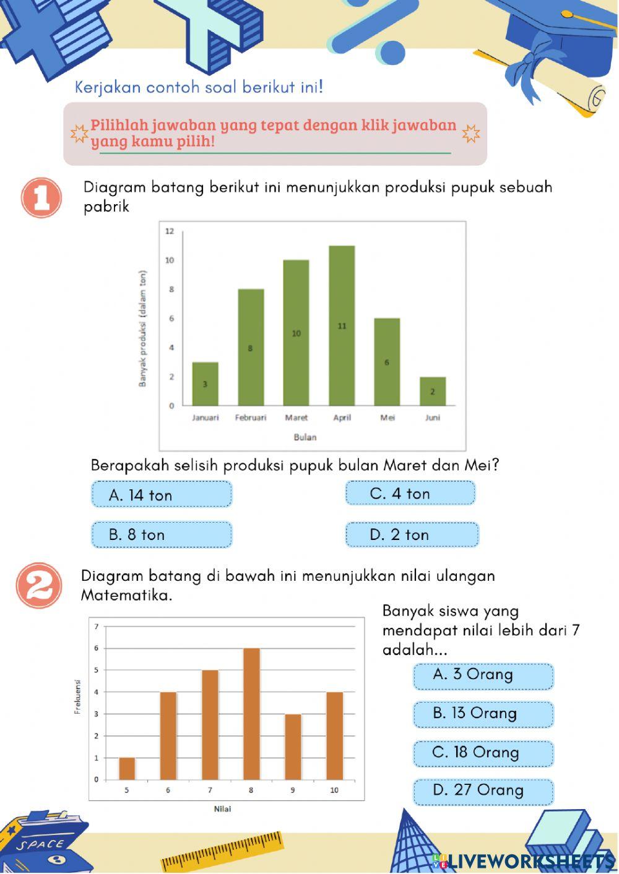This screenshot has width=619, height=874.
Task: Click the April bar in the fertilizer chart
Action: click(x=342, y=325)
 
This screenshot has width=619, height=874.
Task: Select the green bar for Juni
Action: click(x=433, y=391)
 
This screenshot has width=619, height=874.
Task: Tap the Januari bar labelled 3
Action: click(x=205, y=383)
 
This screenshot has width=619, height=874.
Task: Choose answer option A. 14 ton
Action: click(x=162, y=495)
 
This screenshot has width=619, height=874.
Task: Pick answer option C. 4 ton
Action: click(x=410, y=494)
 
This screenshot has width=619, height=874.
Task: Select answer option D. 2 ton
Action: click(x=412, y=535)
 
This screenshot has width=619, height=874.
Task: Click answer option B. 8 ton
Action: click(x=162, y=535)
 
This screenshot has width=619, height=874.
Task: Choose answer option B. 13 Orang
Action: click(x=483, y=714)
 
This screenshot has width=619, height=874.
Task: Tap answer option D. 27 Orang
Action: click(x=483, y=791)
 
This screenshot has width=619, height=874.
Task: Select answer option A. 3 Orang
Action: click(x=483, y=675)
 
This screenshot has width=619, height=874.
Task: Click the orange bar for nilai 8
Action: click(x=251, y=714)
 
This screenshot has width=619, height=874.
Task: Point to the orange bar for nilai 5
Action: click(x=127, y=768)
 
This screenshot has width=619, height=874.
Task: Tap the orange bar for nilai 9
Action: click(x=293, y=747)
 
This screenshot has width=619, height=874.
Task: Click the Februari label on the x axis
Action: click(x=251, y=418)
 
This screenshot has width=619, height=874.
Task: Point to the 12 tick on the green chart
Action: click(x=170, y=231)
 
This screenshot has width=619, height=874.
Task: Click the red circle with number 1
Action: click(x=41, y=198)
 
